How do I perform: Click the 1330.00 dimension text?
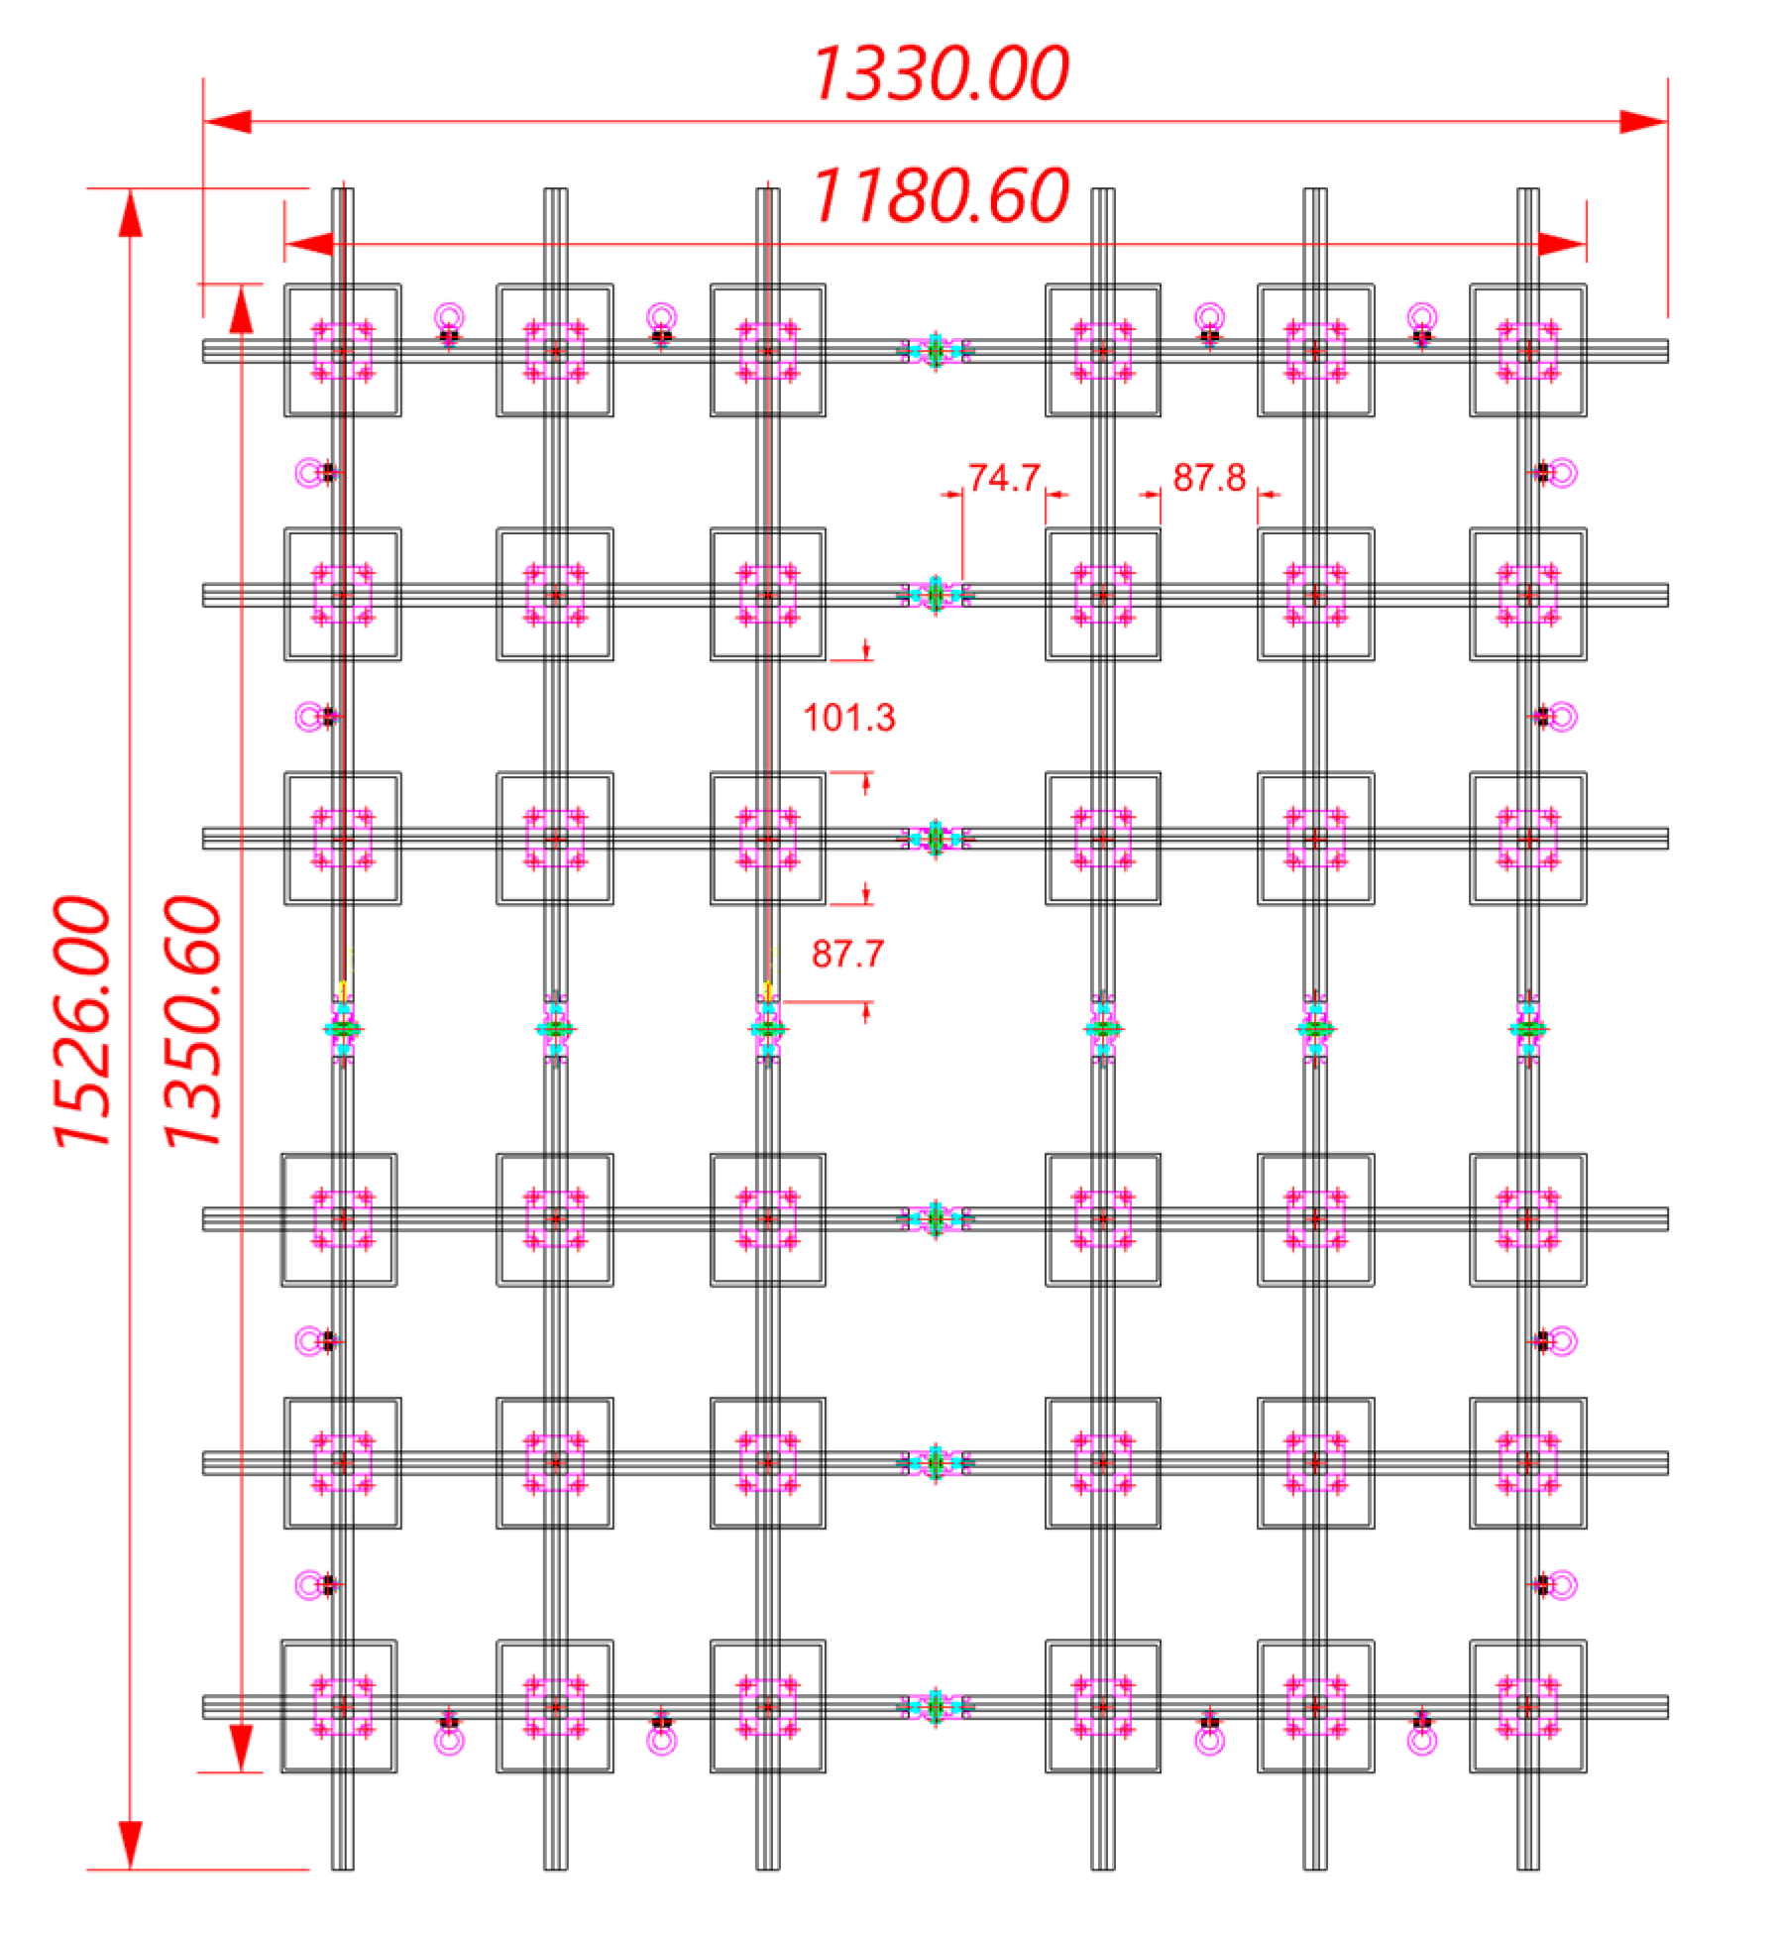940,73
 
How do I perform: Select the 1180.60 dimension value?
940,195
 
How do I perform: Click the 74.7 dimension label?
1003,478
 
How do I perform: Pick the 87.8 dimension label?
1208,478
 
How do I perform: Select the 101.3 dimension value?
848,718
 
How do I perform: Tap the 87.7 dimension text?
846,954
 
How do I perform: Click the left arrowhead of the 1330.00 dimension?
228,122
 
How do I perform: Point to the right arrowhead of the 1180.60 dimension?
1561,244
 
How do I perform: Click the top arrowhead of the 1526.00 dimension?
130,213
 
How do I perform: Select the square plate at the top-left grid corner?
342,350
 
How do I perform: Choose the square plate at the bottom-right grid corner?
1526,1706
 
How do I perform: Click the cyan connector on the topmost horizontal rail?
935,350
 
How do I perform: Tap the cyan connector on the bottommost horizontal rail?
935,1706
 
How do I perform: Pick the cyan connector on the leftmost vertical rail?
343,1029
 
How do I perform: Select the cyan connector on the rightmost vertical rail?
1526,1029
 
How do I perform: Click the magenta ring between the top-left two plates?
449,317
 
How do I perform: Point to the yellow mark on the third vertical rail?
768,990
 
